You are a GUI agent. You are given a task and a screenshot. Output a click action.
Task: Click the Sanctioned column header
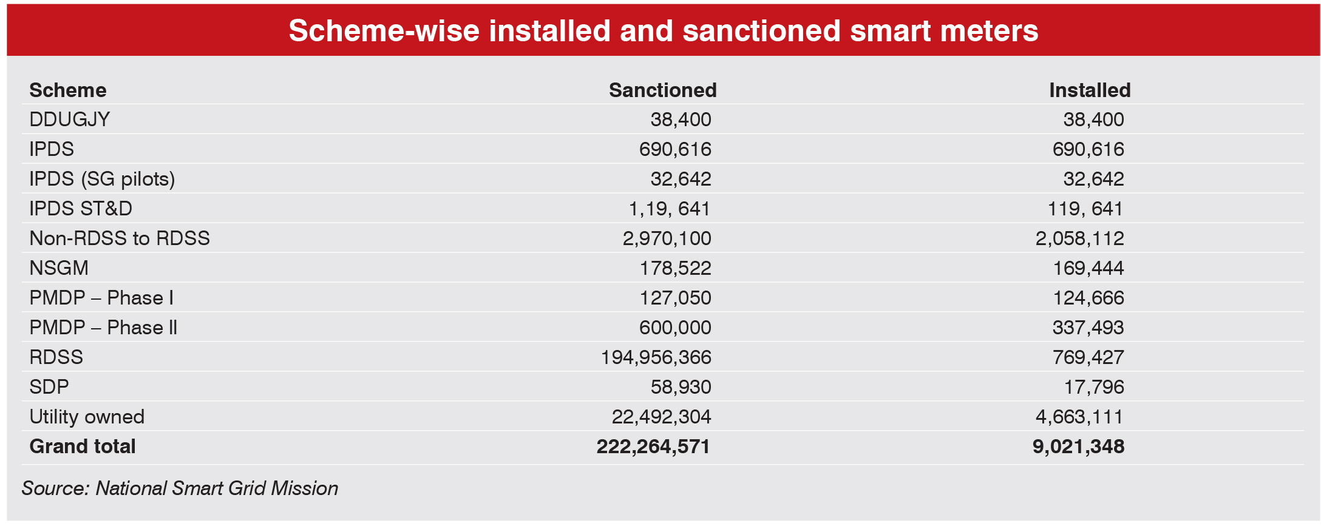662,90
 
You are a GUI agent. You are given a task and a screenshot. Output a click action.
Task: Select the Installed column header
1089,90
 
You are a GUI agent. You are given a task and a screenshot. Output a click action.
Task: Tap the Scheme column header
68,90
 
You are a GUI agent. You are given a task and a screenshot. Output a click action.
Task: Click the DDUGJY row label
70,120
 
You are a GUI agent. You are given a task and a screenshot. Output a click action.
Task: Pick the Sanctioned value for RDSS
656,357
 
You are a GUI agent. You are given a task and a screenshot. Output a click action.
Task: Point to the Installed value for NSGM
1088,268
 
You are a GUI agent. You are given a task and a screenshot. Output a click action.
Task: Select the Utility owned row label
87,417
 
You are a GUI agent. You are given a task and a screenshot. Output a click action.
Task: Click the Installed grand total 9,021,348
1078,446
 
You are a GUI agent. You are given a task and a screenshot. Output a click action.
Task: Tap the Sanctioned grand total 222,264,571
653,446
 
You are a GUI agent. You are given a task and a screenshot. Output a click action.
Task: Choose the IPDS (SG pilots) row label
102,179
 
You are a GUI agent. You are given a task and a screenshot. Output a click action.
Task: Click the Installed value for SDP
1094,387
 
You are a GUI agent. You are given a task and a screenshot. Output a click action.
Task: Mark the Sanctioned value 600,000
675,328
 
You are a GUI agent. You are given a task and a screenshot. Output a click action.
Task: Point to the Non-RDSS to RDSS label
120,238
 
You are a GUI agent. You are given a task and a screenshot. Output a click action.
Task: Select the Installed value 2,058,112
1079,238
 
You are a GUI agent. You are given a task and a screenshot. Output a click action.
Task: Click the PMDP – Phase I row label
101,298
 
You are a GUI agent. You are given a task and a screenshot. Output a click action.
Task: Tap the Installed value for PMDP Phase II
1088,328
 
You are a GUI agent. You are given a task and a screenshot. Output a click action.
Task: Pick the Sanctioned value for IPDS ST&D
669,209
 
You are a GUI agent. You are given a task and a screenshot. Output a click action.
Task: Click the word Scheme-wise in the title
384,30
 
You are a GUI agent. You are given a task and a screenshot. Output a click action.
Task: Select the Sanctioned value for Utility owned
661,417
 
